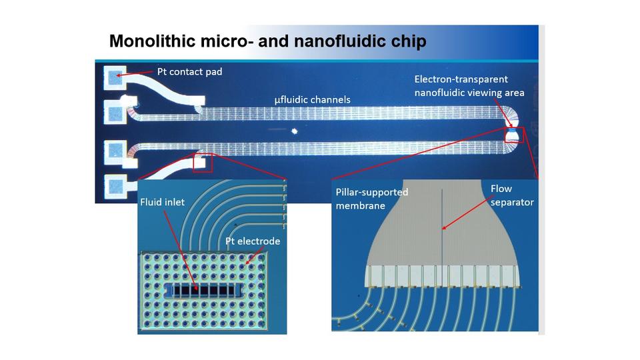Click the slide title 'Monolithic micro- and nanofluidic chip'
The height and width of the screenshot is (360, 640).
coord(267,41)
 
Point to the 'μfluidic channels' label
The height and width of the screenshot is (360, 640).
coord(313,100)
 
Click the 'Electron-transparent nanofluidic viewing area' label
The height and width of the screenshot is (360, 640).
coord(469,86)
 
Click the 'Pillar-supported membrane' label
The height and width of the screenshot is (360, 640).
coord(370,199)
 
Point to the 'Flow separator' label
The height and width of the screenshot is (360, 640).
coord(512,195)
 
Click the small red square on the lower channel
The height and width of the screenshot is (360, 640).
coord(202,162)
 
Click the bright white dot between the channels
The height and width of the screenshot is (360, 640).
coord(293,132)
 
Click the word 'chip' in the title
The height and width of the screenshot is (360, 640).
coord(407,41)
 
